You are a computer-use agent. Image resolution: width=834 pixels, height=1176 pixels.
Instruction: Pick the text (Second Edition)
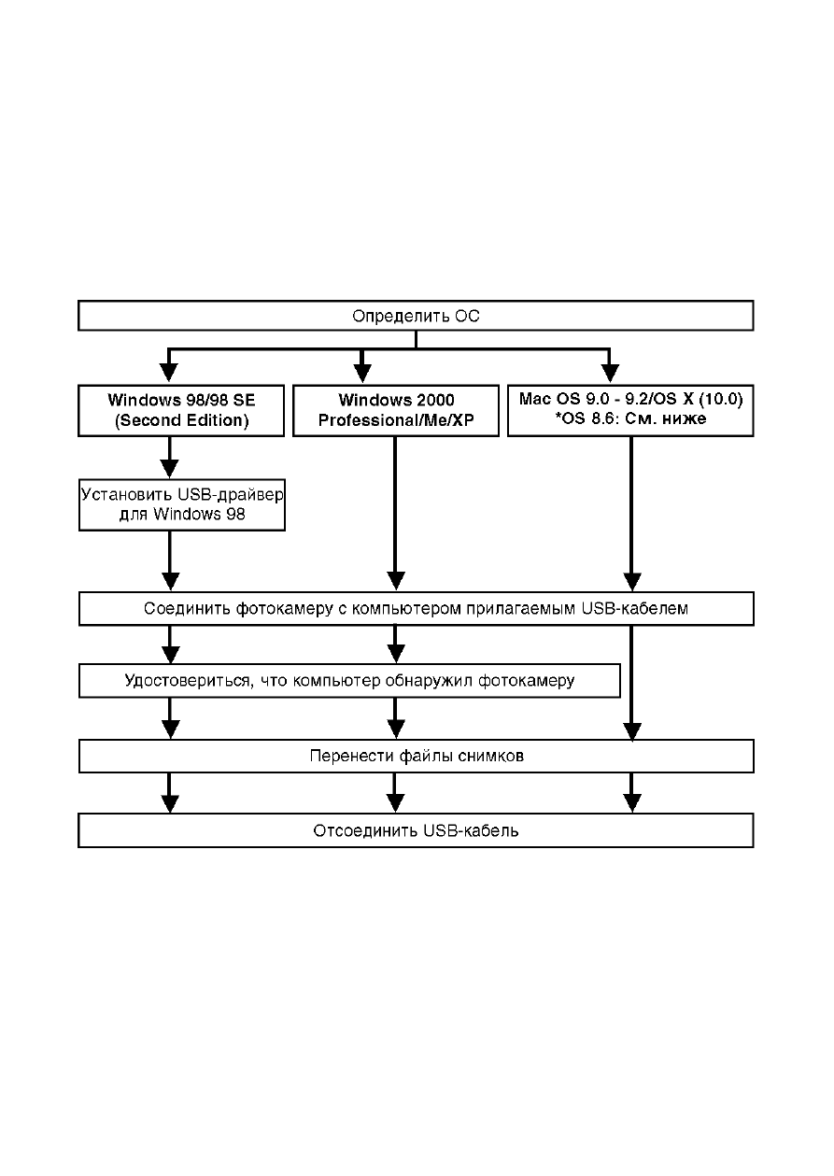coord(181,420)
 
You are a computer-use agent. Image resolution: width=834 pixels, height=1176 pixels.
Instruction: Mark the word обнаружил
coord(429,681)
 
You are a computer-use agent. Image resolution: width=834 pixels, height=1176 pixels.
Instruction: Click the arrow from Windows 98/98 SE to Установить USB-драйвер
coord(170,458)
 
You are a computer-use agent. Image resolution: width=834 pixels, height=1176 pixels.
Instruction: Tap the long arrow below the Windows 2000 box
coord(395,514)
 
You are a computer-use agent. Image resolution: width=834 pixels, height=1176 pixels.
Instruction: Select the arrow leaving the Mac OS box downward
coord(631,514)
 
